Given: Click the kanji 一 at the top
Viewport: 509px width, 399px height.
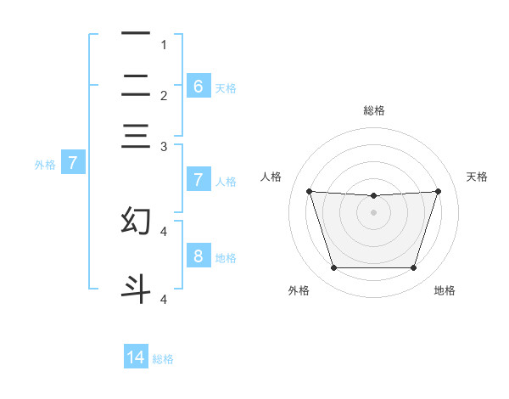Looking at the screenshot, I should click(x=136, y=34).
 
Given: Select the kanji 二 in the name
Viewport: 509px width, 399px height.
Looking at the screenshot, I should click(x=136, y=85).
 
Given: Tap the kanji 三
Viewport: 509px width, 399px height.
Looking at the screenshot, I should click(x=136, y=136).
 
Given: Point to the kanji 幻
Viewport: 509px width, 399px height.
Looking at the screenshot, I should click(x=136, y=221).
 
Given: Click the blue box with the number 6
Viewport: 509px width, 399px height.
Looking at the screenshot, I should click(x=198, y=86).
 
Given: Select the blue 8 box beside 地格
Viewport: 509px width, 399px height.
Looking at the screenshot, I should click(x=198, y=256).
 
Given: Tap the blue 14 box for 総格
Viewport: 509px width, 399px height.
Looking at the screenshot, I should click(x=136, y=357).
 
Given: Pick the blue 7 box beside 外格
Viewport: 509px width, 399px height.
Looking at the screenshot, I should click(x=72, y=163).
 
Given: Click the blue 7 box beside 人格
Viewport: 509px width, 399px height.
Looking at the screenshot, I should click(x=198, y=179).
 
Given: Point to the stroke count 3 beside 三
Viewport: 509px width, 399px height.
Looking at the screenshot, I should click(x=163, y=147).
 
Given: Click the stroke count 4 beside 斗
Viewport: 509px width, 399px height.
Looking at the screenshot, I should click(x=163, y=299).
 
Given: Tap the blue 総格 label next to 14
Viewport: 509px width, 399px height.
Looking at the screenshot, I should click(x=163, y=359).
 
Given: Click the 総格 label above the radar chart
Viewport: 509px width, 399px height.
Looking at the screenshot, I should click(x=374, y=110).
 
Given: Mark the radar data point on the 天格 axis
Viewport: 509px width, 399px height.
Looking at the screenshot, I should click(x=438, y=192).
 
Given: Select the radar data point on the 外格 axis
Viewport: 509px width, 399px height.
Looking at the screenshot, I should click(x=333, y=268).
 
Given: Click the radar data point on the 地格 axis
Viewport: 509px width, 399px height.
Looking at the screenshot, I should click(x=413, y=268).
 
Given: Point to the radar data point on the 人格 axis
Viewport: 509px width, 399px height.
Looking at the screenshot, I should click(x=309, y=192).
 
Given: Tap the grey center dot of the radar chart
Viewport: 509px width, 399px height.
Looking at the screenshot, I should click(x=373, y=212).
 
